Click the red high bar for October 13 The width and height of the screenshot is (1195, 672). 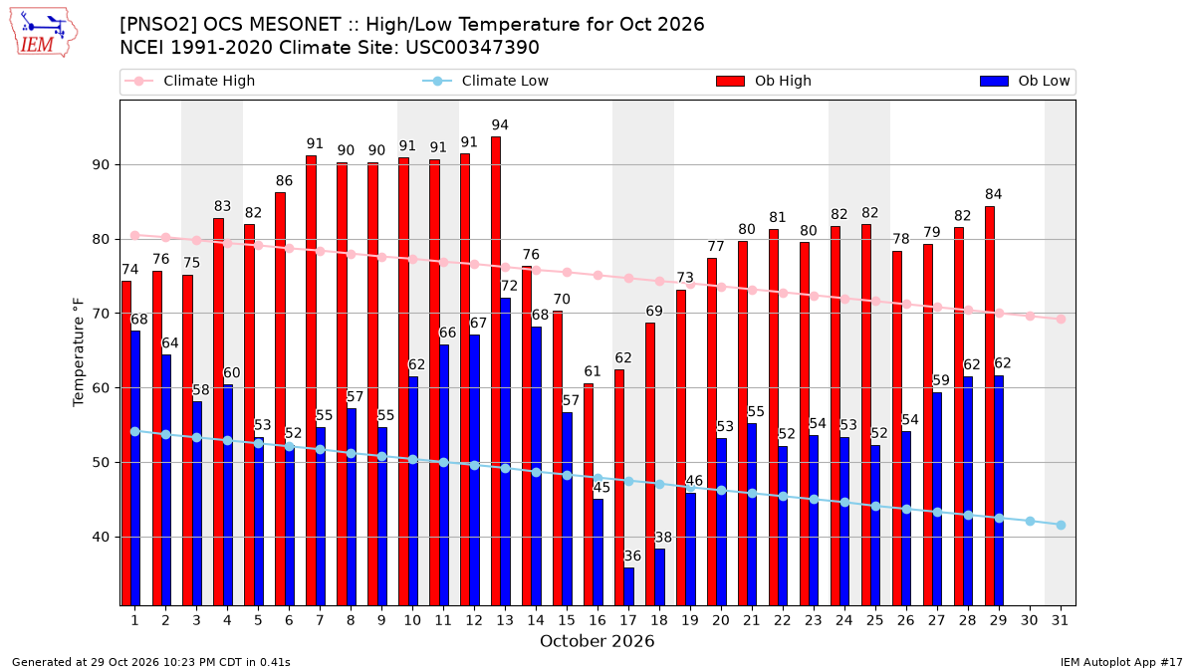tap(496, 371)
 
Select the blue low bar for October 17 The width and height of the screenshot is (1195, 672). tap(629, 586)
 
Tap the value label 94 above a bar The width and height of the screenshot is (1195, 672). tap(500, 124)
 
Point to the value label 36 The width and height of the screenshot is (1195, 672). tap(632, 556)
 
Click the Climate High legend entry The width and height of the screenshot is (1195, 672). tap(189, 81)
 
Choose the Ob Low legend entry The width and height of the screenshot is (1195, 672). tap(1025, 81)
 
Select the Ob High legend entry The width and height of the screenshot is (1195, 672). tap(764, 81)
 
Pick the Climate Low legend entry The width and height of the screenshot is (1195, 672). tap(486, 81)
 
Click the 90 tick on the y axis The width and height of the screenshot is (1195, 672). tap(101, 165)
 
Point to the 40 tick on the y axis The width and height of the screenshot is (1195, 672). tap(101, 537)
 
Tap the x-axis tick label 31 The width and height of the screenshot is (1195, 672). tap(1060, 620)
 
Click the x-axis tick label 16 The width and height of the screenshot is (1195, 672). tap(597, 620)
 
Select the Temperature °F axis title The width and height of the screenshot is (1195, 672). tap(79, 352)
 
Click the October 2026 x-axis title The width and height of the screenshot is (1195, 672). tap(597, 641)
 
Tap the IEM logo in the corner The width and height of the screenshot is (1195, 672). tap(43, 33)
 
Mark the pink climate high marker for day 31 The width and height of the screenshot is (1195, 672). tap(1062, 319)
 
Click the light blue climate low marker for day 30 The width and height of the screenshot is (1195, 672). tap(1030, 521)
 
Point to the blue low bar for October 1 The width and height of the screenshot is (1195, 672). tap(135, 468)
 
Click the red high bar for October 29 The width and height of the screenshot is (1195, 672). tap(990, 406)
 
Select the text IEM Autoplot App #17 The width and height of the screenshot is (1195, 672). tap(1121, 662)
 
